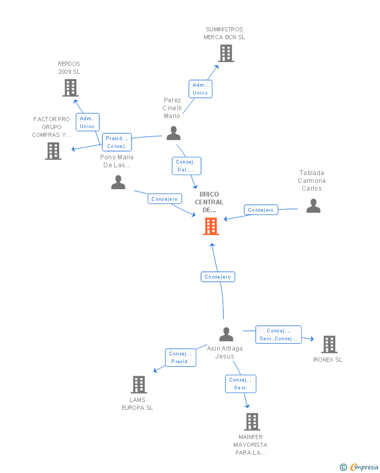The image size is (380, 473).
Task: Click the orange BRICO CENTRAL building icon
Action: pos(211,226)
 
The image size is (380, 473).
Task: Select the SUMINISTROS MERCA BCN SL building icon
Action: pos(225,53)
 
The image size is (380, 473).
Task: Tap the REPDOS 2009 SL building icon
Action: pos(70,88)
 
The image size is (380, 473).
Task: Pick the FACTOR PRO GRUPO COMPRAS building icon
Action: pos(53,151)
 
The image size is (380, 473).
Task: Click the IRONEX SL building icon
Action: pos(329,344)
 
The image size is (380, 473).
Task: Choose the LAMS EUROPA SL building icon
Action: pos(138,385)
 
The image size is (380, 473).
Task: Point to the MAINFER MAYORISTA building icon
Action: pos(252,421)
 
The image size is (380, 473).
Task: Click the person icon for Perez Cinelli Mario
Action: pos(173,133)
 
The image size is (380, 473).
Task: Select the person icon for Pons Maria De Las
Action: pos(118,182)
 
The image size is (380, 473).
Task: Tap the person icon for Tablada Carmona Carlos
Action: pos(313,206)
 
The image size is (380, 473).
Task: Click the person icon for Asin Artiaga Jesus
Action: pos(226,334)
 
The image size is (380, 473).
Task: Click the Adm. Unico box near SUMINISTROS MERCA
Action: pos(200,89)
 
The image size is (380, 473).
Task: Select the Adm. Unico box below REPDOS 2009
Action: pos(87,122)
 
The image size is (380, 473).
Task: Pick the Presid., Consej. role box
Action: pos(116,142)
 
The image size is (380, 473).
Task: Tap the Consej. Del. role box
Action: pos(186,166)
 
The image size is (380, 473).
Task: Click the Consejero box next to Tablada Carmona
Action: pos(260,210)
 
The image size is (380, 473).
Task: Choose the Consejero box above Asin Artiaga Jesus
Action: pos(218,277)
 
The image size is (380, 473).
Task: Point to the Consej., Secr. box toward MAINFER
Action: pos(241,384)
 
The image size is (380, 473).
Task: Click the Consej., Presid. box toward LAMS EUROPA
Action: pos(180,357)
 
